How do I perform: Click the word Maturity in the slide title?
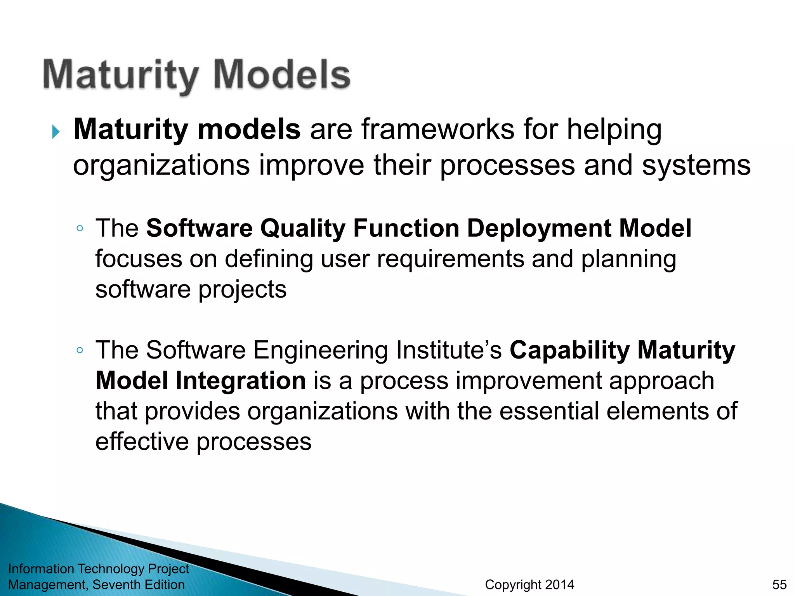[x=120, y=75]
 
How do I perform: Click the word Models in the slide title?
[x=282, y=74]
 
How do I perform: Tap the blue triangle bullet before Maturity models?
[x=56, y=132]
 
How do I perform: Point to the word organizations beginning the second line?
[x=161, y=166]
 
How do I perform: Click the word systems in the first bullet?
[x=696, y=166]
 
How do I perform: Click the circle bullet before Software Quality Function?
[x=80, y=229]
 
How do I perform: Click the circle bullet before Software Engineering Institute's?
[x=80, y=350]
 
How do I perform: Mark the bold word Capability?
[x=569, y=350]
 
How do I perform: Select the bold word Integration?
[x=241, y=381]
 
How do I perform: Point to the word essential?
[x=549, y=411]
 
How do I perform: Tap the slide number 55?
[x=779, y=584]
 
